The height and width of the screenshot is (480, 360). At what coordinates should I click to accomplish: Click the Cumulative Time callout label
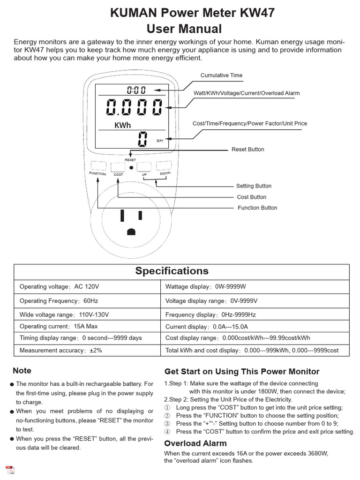tap(221, 75)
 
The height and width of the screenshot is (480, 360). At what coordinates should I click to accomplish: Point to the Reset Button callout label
tap(247, 150)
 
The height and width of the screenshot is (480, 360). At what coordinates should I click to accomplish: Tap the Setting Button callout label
tap(254, 186)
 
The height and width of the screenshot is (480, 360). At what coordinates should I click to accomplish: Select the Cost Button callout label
tap(251, 197)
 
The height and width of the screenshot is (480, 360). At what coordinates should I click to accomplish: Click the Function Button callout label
tap(257, 208)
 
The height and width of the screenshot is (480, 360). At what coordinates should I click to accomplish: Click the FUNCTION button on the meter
tap(98, 166)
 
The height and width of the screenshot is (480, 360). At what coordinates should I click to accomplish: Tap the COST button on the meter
tap(118, 167)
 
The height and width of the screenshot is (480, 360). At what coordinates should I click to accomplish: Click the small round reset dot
tap(131, 167)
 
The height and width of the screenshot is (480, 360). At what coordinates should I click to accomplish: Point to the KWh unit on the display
tap(123, 125)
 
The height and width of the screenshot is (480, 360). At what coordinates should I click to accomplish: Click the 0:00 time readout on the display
tap(136, 90)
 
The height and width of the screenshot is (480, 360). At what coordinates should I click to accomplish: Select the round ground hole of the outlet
tap(131, 231)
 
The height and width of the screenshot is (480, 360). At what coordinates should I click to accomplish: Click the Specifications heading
tap(172, 271)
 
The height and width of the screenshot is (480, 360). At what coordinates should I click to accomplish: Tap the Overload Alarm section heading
tap(195, 443)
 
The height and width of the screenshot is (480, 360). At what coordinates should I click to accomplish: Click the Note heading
tap(22, 371)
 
